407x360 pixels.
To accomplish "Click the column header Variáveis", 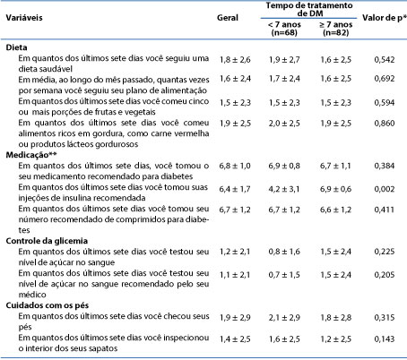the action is click(x=24, y=18).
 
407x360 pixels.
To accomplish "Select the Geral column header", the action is click(x=228, y=18).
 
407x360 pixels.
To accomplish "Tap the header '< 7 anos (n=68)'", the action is click(x=284, y=29).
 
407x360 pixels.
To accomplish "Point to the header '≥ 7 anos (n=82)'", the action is click(x=336, y=29).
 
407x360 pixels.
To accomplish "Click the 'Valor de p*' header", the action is click(x=385, y=18).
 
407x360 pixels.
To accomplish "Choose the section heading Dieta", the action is click(x=16, y=47).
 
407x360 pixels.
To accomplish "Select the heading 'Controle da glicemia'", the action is click(x=47, y=241).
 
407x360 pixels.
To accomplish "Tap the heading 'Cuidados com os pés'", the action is click(x=48, y=305).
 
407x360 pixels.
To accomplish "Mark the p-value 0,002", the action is click(x=385, y=189).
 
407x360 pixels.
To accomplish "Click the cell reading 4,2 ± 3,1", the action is click(x=284, y=189).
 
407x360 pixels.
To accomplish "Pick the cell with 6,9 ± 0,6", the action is click(x=335, y=189).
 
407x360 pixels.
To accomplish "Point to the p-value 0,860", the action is click(x=385, y=123).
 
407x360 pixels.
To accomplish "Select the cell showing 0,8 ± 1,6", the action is click(x=284, y=252).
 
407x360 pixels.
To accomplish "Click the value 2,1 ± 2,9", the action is click(x=284, y=318).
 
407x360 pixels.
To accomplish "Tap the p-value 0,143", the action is click(x=385, y=339).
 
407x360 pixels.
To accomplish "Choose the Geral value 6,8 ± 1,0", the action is click(x=235, y=166).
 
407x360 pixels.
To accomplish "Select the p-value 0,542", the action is click(x=385, y=59).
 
